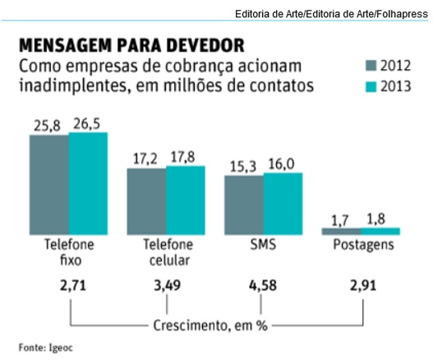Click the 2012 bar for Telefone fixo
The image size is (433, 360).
[49, 185]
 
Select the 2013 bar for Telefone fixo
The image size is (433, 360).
[88, 184]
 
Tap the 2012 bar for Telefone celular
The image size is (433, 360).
[146, 202]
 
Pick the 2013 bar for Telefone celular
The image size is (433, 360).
[185, 201]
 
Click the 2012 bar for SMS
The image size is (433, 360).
[243, 206]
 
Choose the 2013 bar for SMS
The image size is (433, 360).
[282, 205]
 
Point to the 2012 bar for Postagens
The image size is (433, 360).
[340, 233]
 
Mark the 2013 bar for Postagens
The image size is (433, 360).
[380, 233]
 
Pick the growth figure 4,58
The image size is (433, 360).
[264, 286]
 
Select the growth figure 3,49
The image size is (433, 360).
[167, 286]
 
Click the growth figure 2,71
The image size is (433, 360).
[71, 286]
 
